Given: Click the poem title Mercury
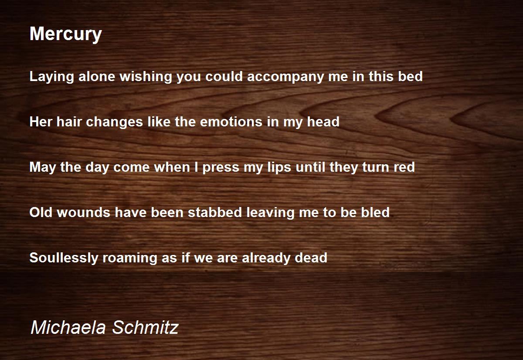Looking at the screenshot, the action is [66, 34].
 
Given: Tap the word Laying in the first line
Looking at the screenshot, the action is [51, 77].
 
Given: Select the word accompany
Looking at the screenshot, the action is [285, 77].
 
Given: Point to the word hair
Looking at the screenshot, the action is [69, 122].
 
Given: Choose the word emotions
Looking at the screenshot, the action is [231, 122].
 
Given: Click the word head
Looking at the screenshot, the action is [323, 122].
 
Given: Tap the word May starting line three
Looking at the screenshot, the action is [43, 168].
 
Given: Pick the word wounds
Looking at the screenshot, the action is [83, 212].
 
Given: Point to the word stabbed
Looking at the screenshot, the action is [215, 212].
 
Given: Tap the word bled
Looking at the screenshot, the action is [375, 212].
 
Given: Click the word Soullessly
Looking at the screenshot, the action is [64, 258].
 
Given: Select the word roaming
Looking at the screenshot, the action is [129, 258].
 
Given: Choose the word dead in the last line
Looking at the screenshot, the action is [311, 258].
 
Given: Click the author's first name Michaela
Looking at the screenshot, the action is [68, 327].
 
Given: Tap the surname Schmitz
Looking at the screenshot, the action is [145, 327].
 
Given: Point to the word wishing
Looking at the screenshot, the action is [146, 77].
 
